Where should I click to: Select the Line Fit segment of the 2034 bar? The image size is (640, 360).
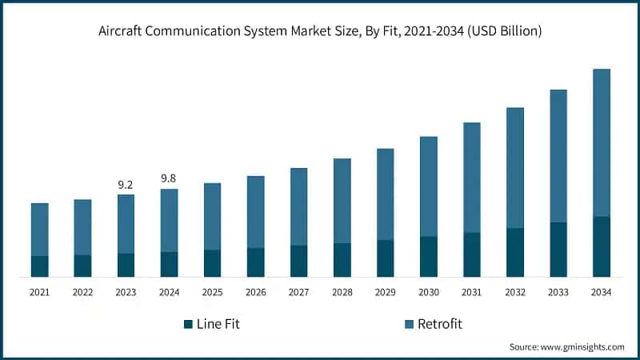(x=601, y=246)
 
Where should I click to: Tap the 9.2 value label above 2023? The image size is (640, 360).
(x=126, y=185)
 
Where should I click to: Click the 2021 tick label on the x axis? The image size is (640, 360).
(x=39, y=293)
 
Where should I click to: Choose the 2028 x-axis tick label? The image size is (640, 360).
(x=342, y=293)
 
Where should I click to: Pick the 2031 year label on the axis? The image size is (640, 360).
(x=471, y=293)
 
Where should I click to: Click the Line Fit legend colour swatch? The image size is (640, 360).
(x=188, y=324)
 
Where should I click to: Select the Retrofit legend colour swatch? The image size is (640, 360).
(x=409, y=324)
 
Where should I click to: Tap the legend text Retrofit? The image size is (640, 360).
(x=441, y=324)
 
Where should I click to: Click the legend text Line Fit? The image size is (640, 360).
(x=218, y=324)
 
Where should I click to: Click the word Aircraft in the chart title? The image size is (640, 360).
(x=125, y=32)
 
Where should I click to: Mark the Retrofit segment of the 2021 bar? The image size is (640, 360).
(x=39, y=230)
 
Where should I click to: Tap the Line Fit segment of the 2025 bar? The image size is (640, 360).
(x=212, y=263)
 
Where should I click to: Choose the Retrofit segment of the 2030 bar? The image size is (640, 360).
(x=428, y=186)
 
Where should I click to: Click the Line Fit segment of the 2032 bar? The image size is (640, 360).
(x=514, y=252)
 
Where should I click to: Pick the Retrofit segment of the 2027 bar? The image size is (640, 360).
(x=298, y=206)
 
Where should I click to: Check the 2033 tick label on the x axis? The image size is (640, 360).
(x=558, y=293)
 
